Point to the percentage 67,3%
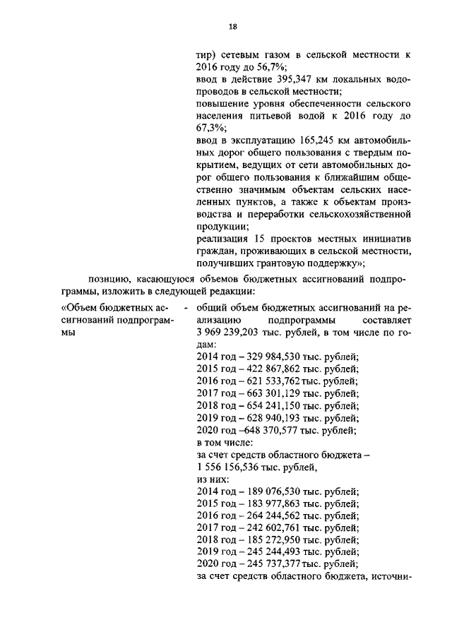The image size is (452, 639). point(209,129)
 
